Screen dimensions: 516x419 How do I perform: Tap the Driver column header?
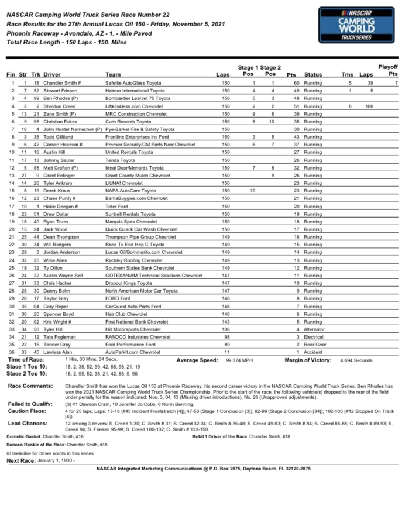coord(51,74)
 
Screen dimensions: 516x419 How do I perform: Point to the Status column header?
coord(313,74)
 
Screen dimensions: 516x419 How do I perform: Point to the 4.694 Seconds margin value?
coord(356,360)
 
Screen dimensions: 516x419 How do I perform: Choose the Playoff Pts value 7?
coord(396,83)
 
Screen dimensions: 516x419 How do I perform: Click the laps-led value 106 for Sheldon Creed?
coord(369,106)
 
